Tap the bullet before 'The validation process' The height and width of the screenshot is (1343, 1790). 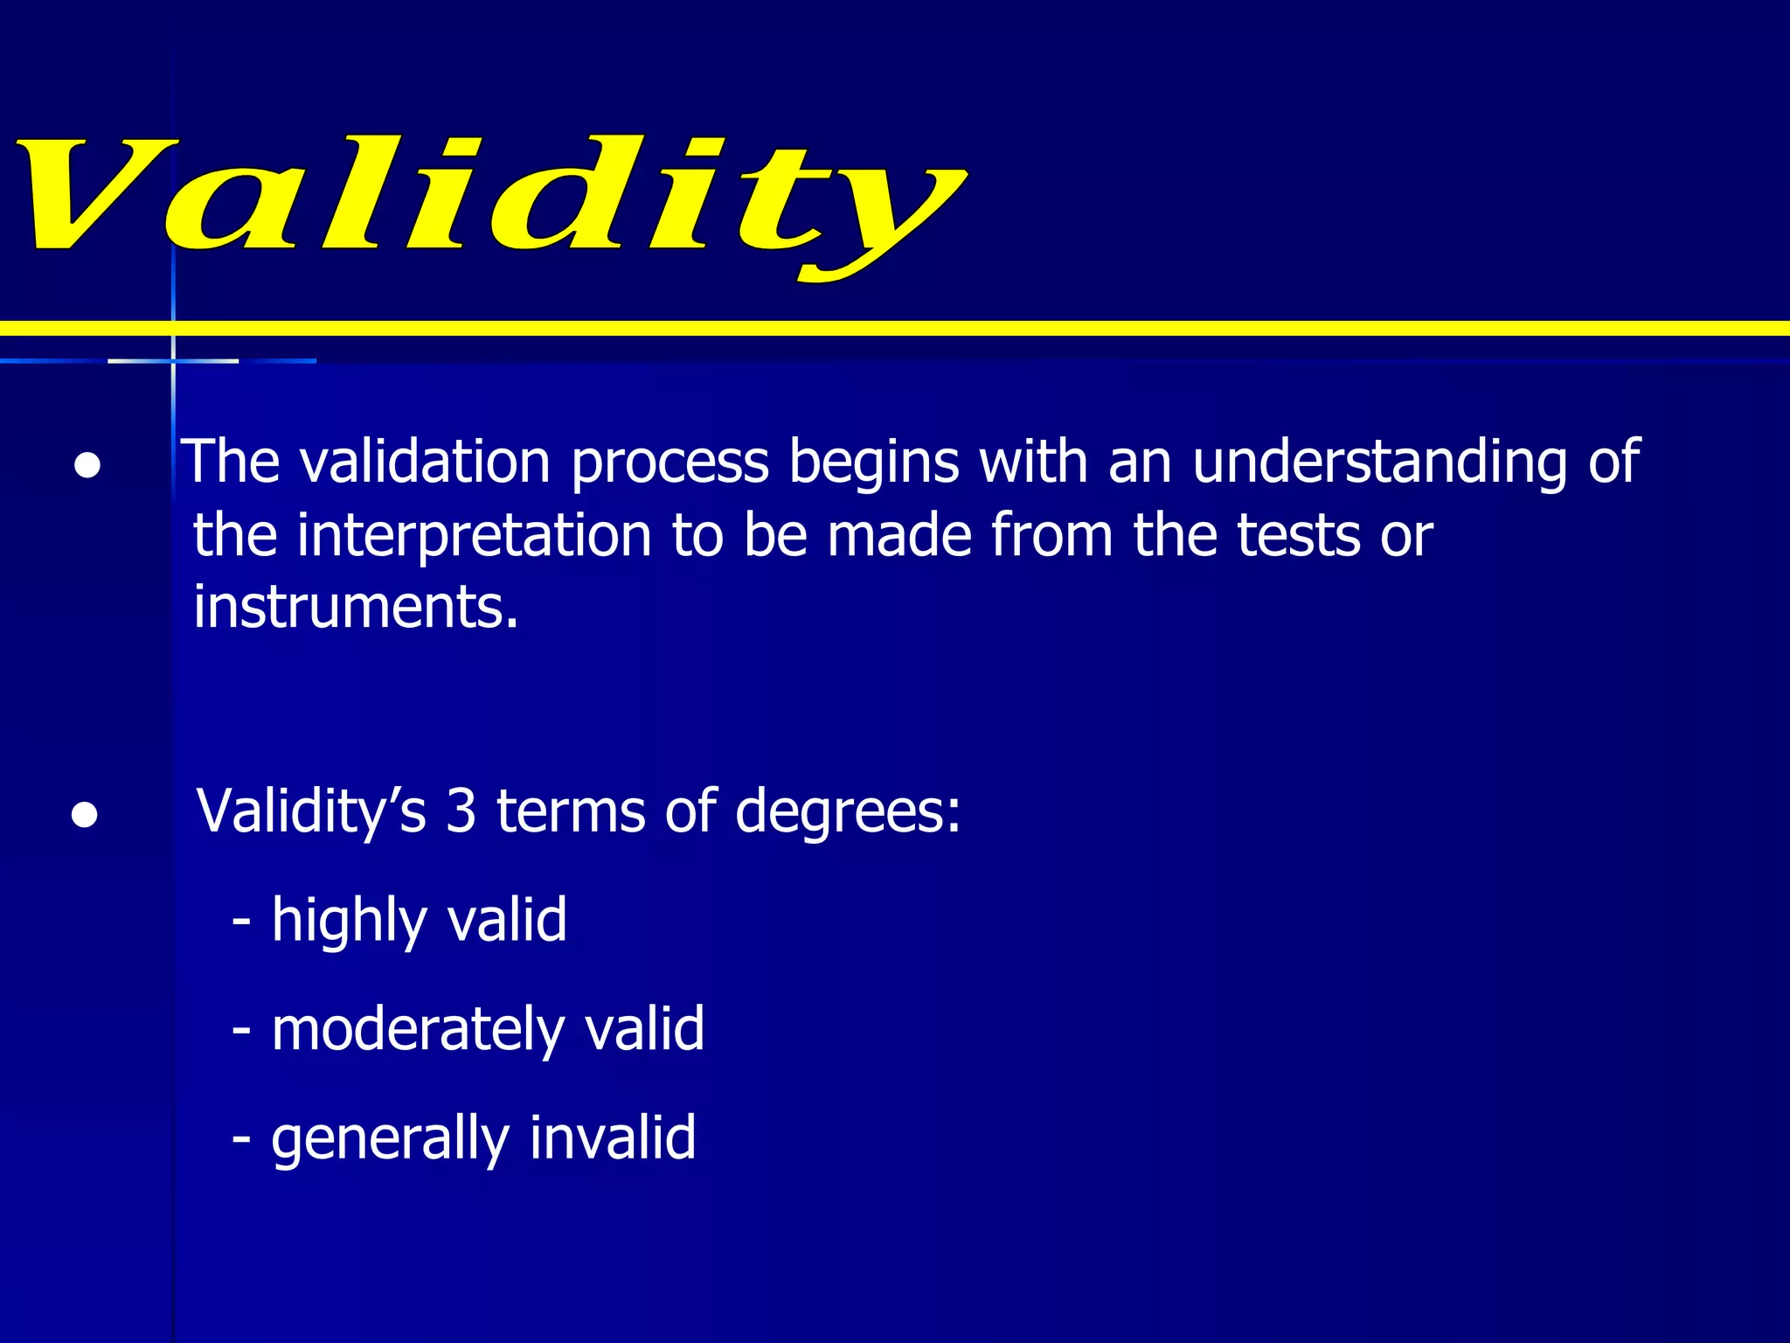click(87, 464)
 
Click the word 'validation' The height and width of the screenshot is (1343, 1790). click(425, 461)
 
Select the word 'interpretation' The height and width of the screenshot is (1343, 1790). click(474, 536)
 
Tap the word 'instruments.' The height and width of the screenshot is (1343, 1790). click(356, 607)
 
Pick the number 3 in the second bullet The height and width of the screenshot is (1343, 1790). click(461, 811)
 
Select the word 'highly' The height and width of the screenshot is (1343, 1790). click(348, 922)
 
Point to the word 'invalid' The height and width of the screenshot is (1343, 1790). click(612, 1137)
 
